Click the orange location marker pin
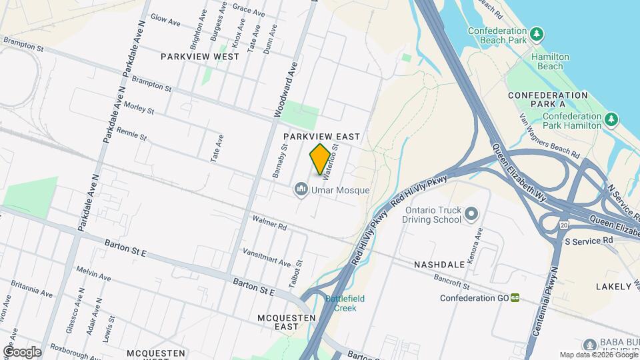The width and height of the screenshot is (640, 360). click(x=320, y=159)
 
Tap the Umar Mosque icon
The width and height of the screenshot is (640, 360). click(x=301, y=191)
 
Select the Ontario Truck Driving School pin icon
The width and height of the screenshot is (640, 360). click(x=472, y=214)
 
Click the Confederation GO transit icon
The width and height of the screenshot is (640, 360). click(x=515, y=298)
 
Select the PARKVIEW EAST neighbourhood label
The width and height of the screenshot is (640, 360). click(x=321, y=137)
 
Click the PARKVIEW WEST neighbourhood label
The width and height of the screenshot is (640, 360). click(x=200, y=57)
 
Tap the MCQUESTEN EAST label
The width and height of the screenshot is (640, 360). click(x=287, y=322)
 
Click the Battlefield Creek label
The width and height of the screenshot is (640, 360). click(x=341, y=303)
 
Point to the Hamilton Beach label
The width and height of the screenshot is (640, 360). click(x=547, y=62)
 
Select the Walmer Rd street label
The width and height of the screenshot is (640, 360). click(x=269, y=223)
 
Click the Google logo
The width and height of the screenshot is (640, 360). click(x=22, y=351)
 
